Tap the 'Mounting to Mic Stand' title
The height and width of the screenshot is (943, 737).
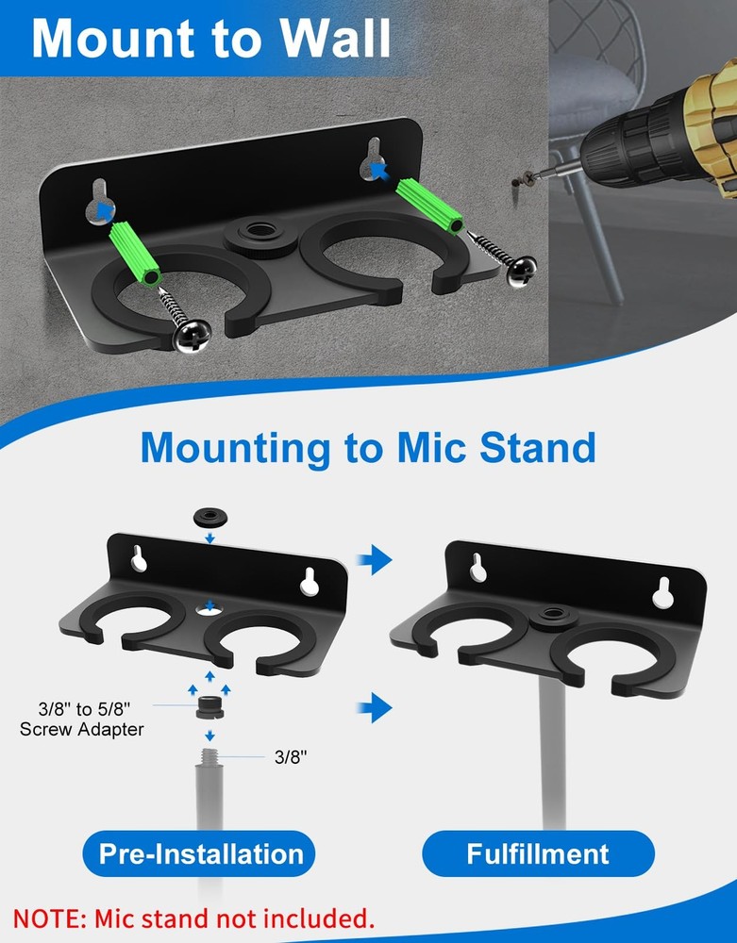tap(368, 446)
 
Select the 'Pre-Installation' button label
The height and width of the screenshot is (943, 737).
tap(201, 854)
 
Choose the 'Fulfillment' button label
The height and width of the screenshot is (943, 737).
tap(538, 854)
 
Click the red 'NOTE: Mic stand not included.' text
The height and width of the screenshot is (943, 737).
tap(193, 917)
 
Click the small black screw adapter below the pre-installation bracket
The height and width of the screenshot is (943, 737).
tap(209, 707)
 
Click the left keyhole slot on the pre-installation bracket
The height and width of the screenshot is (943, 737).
tap(139, 558)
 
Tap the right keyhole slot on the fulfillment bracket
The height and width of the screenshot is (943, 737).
tap(662, 590)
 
